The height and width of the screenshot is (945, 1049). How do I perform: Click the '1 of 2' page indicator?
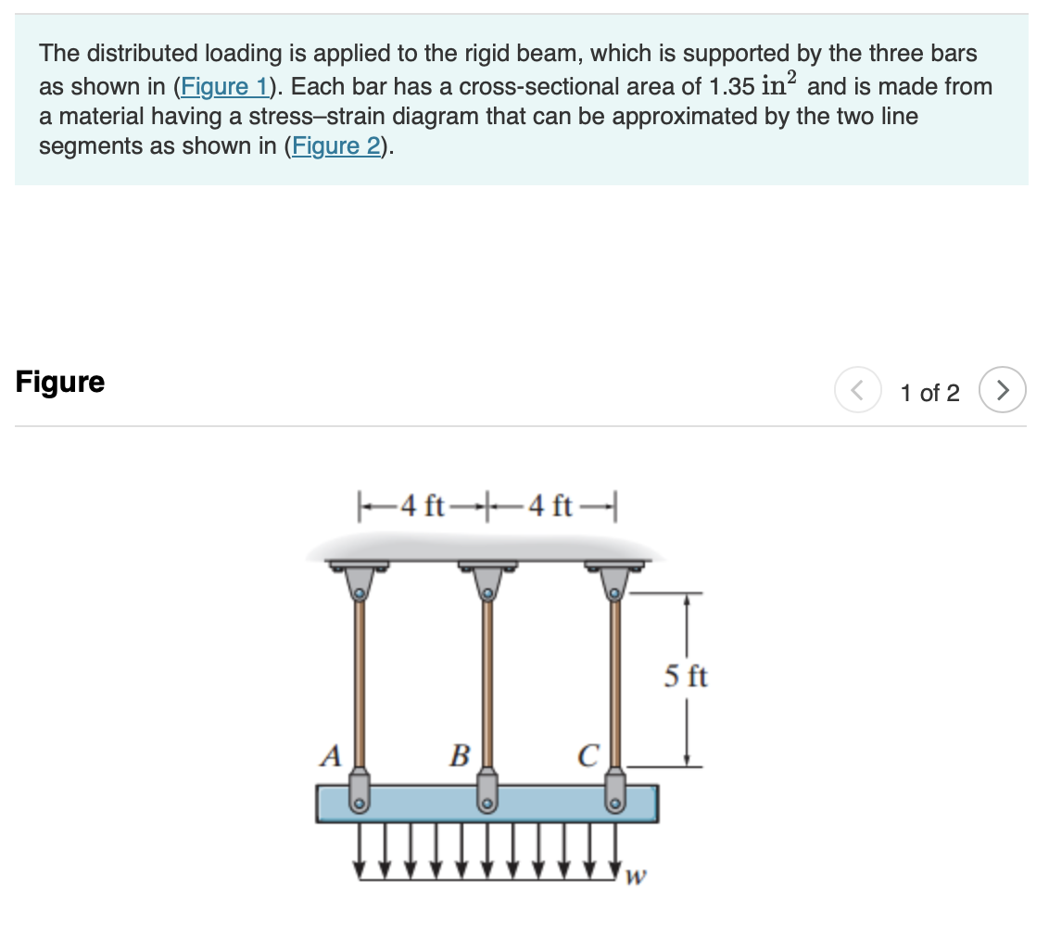(929, 393)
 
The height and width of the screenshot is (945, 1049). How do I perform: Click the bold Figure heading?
(60, 382)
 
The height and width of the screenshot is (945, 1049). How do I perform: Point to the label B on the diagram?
(459, 756)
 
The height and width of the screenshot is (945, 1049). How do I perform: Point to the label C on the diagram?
(588, 756)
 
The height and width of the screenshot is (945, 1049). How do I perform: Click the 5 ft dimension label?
(686, 676)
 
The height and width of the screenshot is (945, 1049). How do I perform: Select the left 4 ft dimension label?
(424, 506)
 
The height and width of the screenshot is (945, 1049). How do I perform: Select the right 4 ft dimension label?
(553, 506)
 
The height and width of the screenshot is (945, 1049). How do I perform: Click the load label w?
(636, 876)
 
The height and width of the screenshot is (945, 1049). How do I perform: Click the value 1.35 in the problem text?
(730, 87)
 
